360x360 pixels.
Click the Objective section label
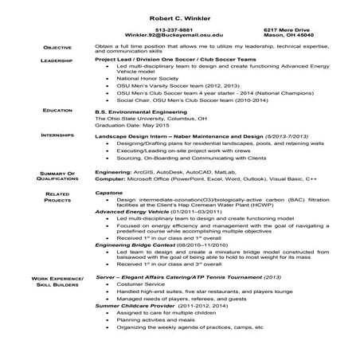click(60, 48)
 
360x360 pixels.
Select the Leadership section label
click(60, 61)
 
